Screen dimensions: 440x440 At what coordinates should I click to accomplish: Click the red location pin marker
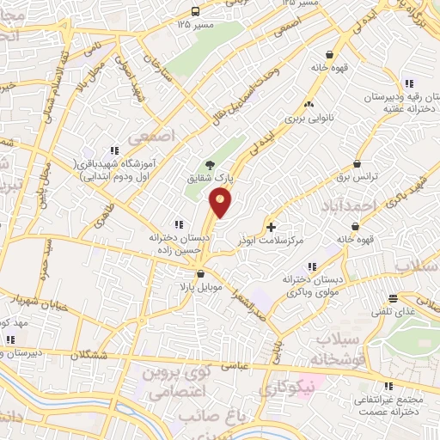click(221, 203)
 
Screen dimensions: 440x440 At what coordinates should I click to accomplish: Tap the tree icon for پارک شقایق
click(209, 166)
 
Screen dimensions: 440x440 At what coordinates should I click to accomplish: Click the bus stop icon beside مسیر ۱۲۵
click(196, 11)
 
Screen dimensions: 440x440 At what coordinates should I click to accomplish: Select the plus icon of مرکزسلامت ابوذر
click(272, 228)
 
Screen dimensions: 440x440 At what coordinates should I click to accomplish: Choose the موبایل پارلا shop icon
click(200, 274)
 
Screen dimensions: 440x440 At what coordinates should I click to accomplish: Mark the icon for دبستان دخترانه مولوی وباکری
click(311, 266)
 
